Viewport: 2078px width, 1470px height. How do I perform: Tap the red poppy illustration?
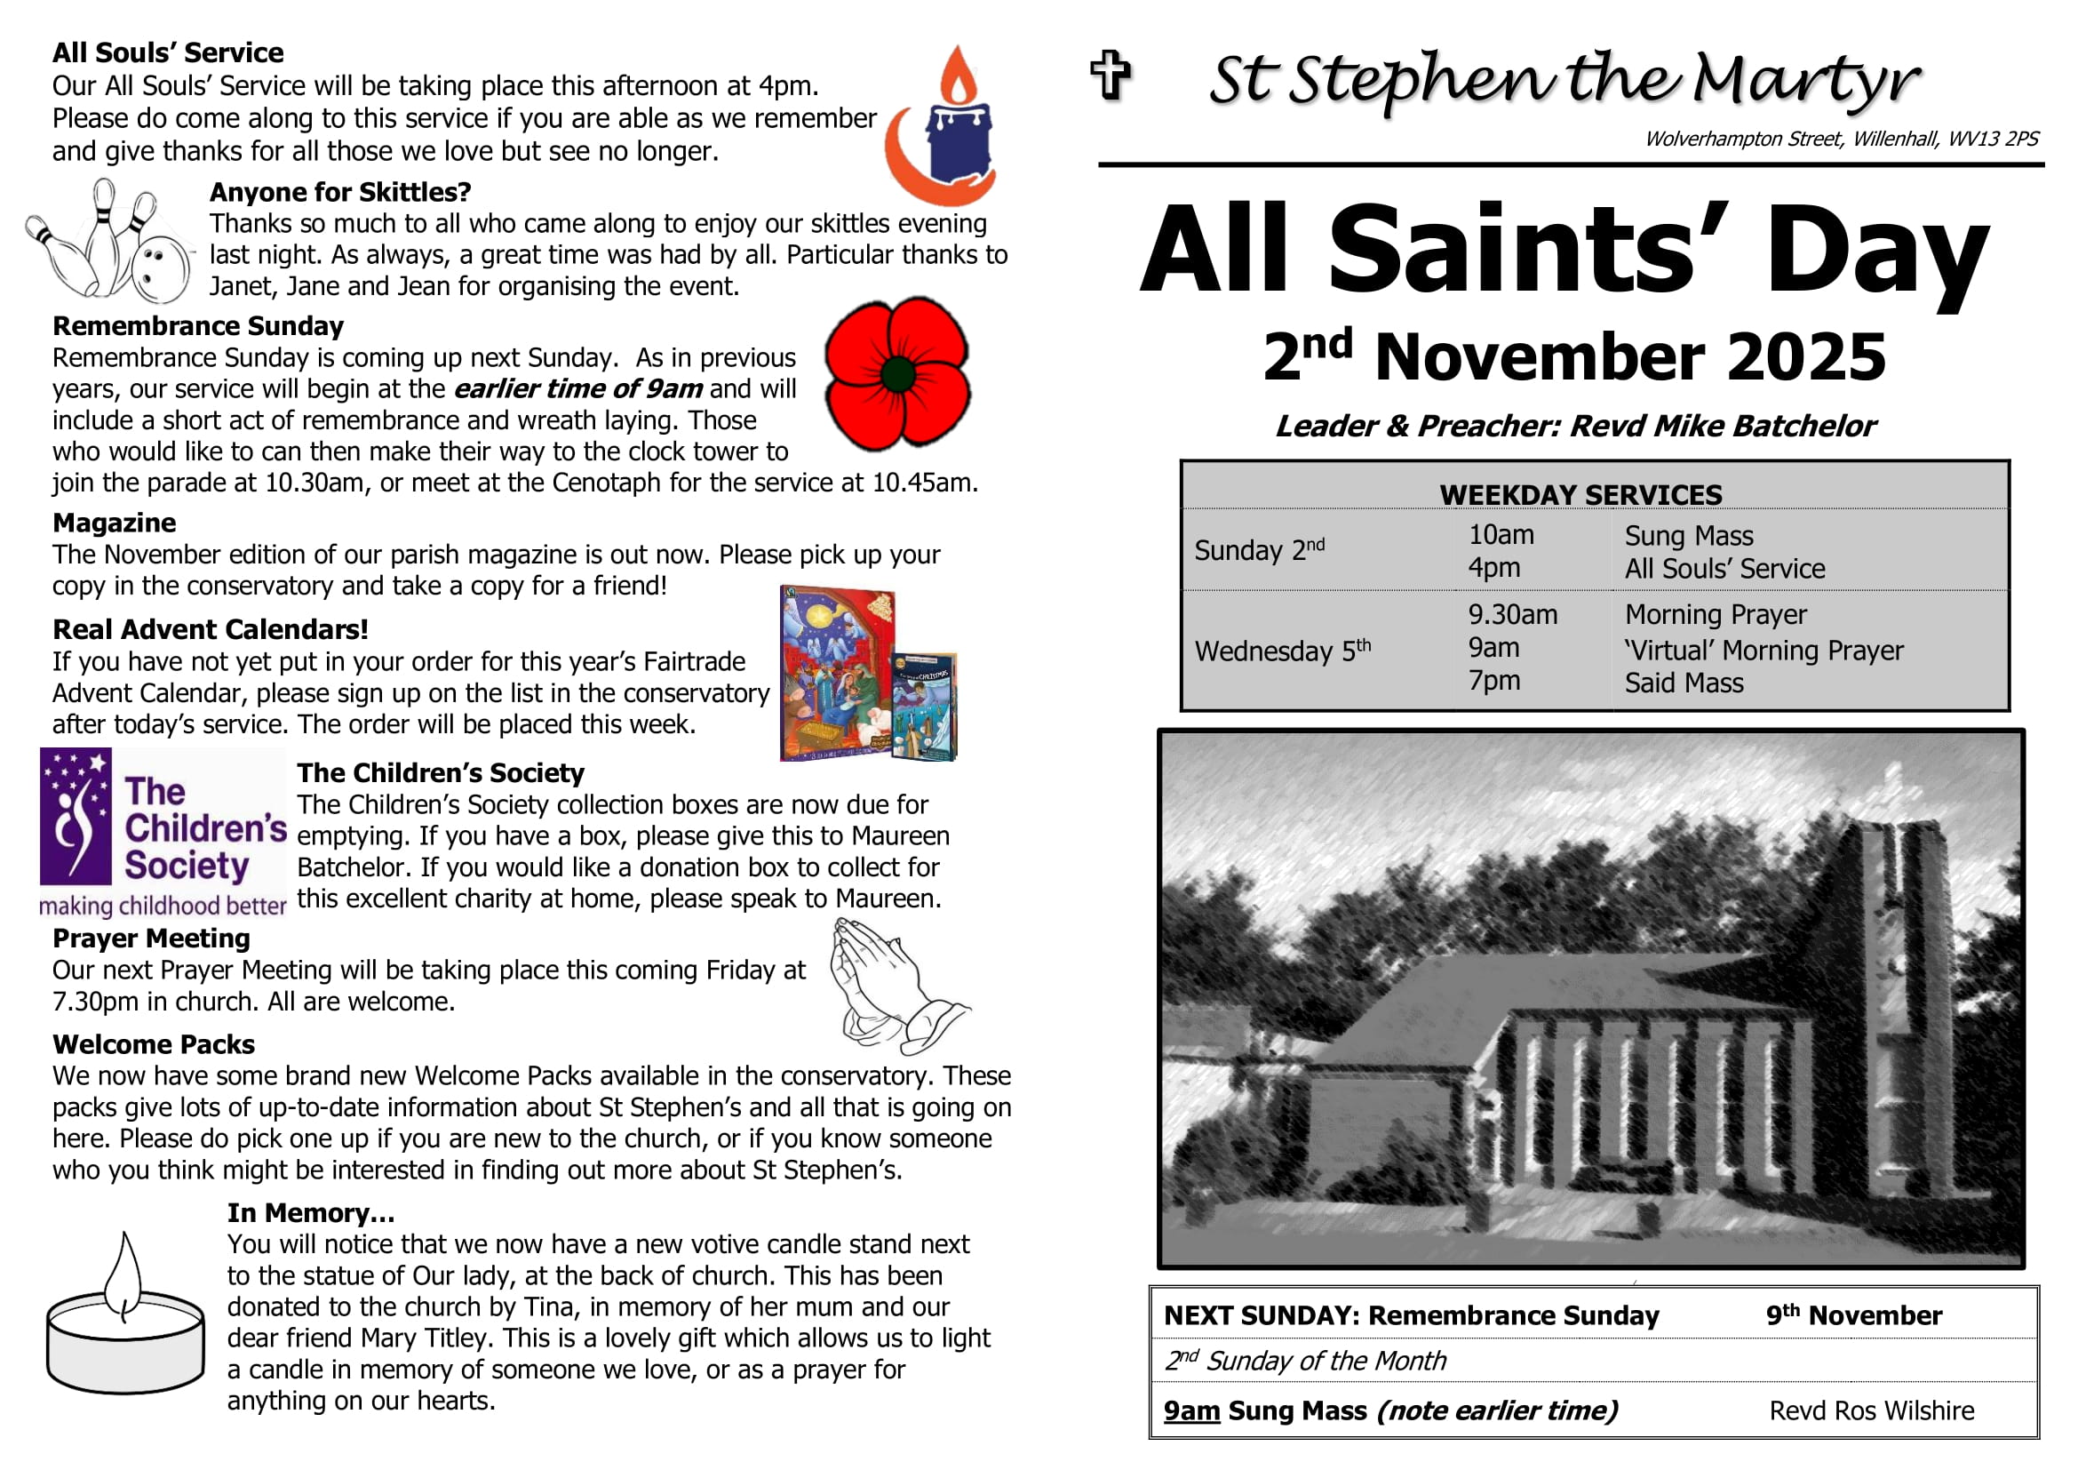[x=897, y=373]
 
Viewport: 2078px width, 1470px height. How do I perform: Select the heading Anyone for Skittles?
[x=340, y=192]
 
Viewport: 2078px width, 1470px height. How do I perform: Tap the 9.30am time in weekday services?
[x=1512, y=615]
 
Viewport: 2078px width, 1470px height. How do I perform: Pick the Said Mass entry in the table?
[x=1684, y=683]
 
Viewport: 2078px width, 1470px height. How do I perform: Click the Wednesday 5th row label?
[x=1283, y=651]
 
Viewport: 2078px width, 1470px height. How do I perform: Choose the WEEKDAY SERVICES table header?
[x=1580, y=495]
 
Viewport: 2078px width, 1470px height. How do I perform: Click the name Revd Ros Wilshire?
[x=1872, y=1410]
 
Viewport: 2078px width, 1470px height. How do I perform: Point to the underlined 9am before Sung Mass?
[x=1191, y=1410]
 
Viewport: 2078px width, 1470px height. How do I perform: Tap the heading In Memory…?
[x=310, y=1213]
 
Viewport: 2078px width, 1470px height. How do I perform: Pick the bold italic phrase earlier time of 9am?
[x=577, y=388]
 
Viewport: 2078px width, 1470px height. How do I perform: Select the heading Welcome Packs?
[x=154, y=1044]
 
